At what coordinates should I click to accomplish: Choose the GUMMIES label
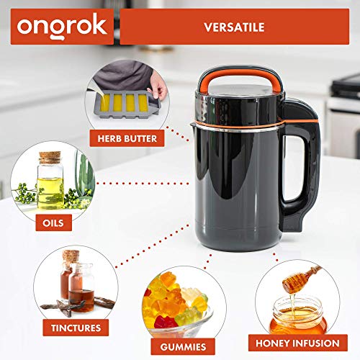[x=177, y=345]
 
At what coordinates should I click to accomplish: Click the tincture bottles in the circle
[x=76, y=276]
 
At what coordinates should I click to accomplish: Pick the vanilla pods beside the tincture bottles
[x=68, y=302]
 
